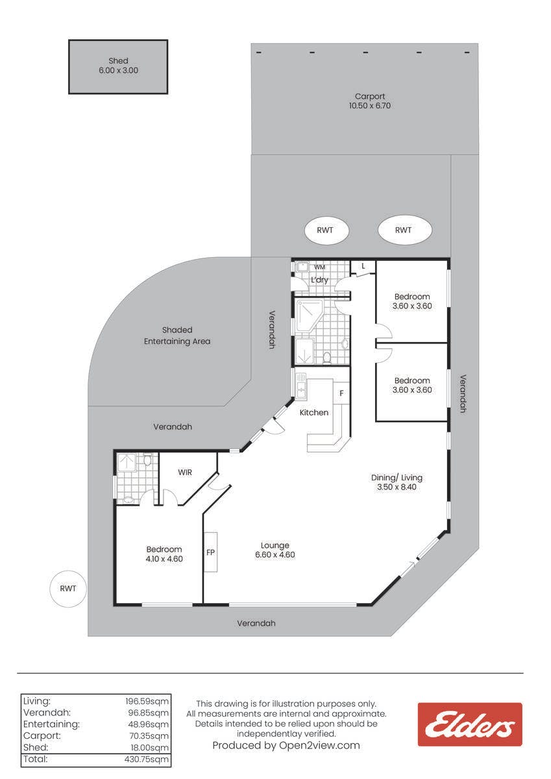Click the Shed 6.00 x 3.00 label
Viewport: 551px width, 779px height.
click(x=118, y=66)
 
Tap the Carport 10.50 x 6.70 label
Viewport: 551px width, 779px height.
click(x=370, y=101)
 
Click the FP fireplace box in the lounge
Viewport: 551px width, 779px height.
click(x=210, y=552)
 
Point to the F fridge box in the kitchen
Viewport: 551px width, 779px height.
click(x=341, y=393)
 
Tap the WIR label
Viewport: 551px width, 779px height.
click(x=184, y=473)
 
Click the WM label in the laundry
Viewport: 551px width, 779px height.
click(x=319, y=267)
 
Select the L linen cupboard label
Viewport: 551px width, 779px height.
click(x=363, y=266)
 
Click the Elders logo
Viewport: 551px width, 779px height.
click(x=470, y=726)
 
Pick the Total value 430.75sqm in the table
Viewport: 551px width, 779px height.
click(x=147, y=759)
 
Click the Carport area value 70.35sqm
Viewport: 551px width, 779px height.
click(x=149, y=736)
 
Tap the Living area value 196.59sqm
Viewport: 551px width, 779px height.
click(x=147, y=701)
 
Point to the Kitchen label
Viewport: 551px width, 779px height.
click(x=314, y=412)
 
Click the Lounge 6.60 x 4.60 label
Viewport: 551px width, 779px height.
click(x=275, y=550)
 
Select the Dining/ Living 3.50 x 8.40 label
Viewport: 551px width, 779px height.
click(x=397, y=482)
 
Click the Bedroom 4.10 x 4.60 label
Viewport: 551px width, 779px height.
click(x=164, y=554)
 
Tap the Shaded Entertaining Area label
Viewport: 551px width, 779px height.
click(x=177, y=336)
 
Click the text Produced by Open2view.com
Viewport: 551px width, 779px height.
click(x=286, y=745)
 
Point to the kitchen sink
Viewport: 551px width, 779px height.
click(x=301, y=386)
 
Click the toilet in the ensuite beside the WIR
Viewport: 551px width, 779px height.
click(x=147, y=460)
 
